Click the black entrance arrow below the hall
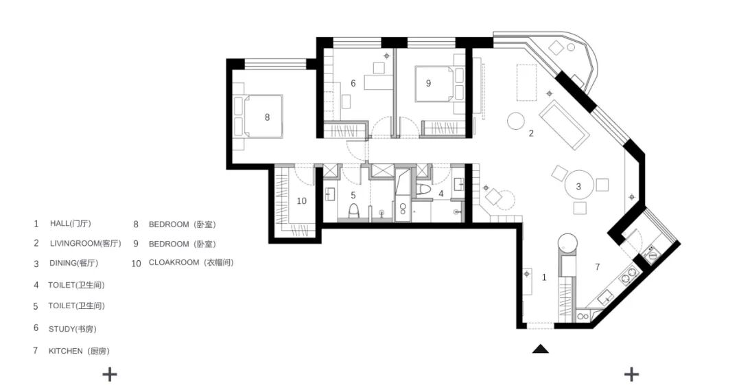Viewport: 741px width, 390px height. (541, 349)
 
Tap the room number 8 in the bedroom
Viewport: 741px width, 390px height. (267, 117)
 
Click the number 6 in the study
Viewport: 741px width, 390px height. (353, 83)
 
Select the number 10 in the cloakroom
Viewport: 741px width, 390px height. (301, 201)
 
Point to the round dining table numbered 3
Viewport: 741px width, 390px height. (578, 186)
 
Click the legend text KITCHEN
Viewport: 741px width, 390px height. (65, 352)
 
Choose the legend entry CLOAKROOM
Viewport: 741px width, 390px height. (174, 262)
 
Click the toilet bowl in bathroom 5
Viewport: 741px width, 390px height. (353, 211)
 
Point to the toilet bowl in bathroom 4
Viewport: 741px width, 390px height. (425, 190)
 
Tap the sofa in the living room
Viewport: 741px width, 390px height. (564, 125)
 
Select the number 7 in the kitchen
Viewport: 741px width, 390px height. (598, 267)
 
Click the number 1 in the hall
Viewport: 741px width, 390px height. (544, 277)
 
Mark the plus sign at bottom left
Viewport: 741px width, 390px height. (110, 375)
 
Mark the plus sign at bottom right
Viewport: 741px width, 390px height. (631, 375)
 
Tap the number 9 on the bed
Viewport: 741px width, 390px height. (429, 83)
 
